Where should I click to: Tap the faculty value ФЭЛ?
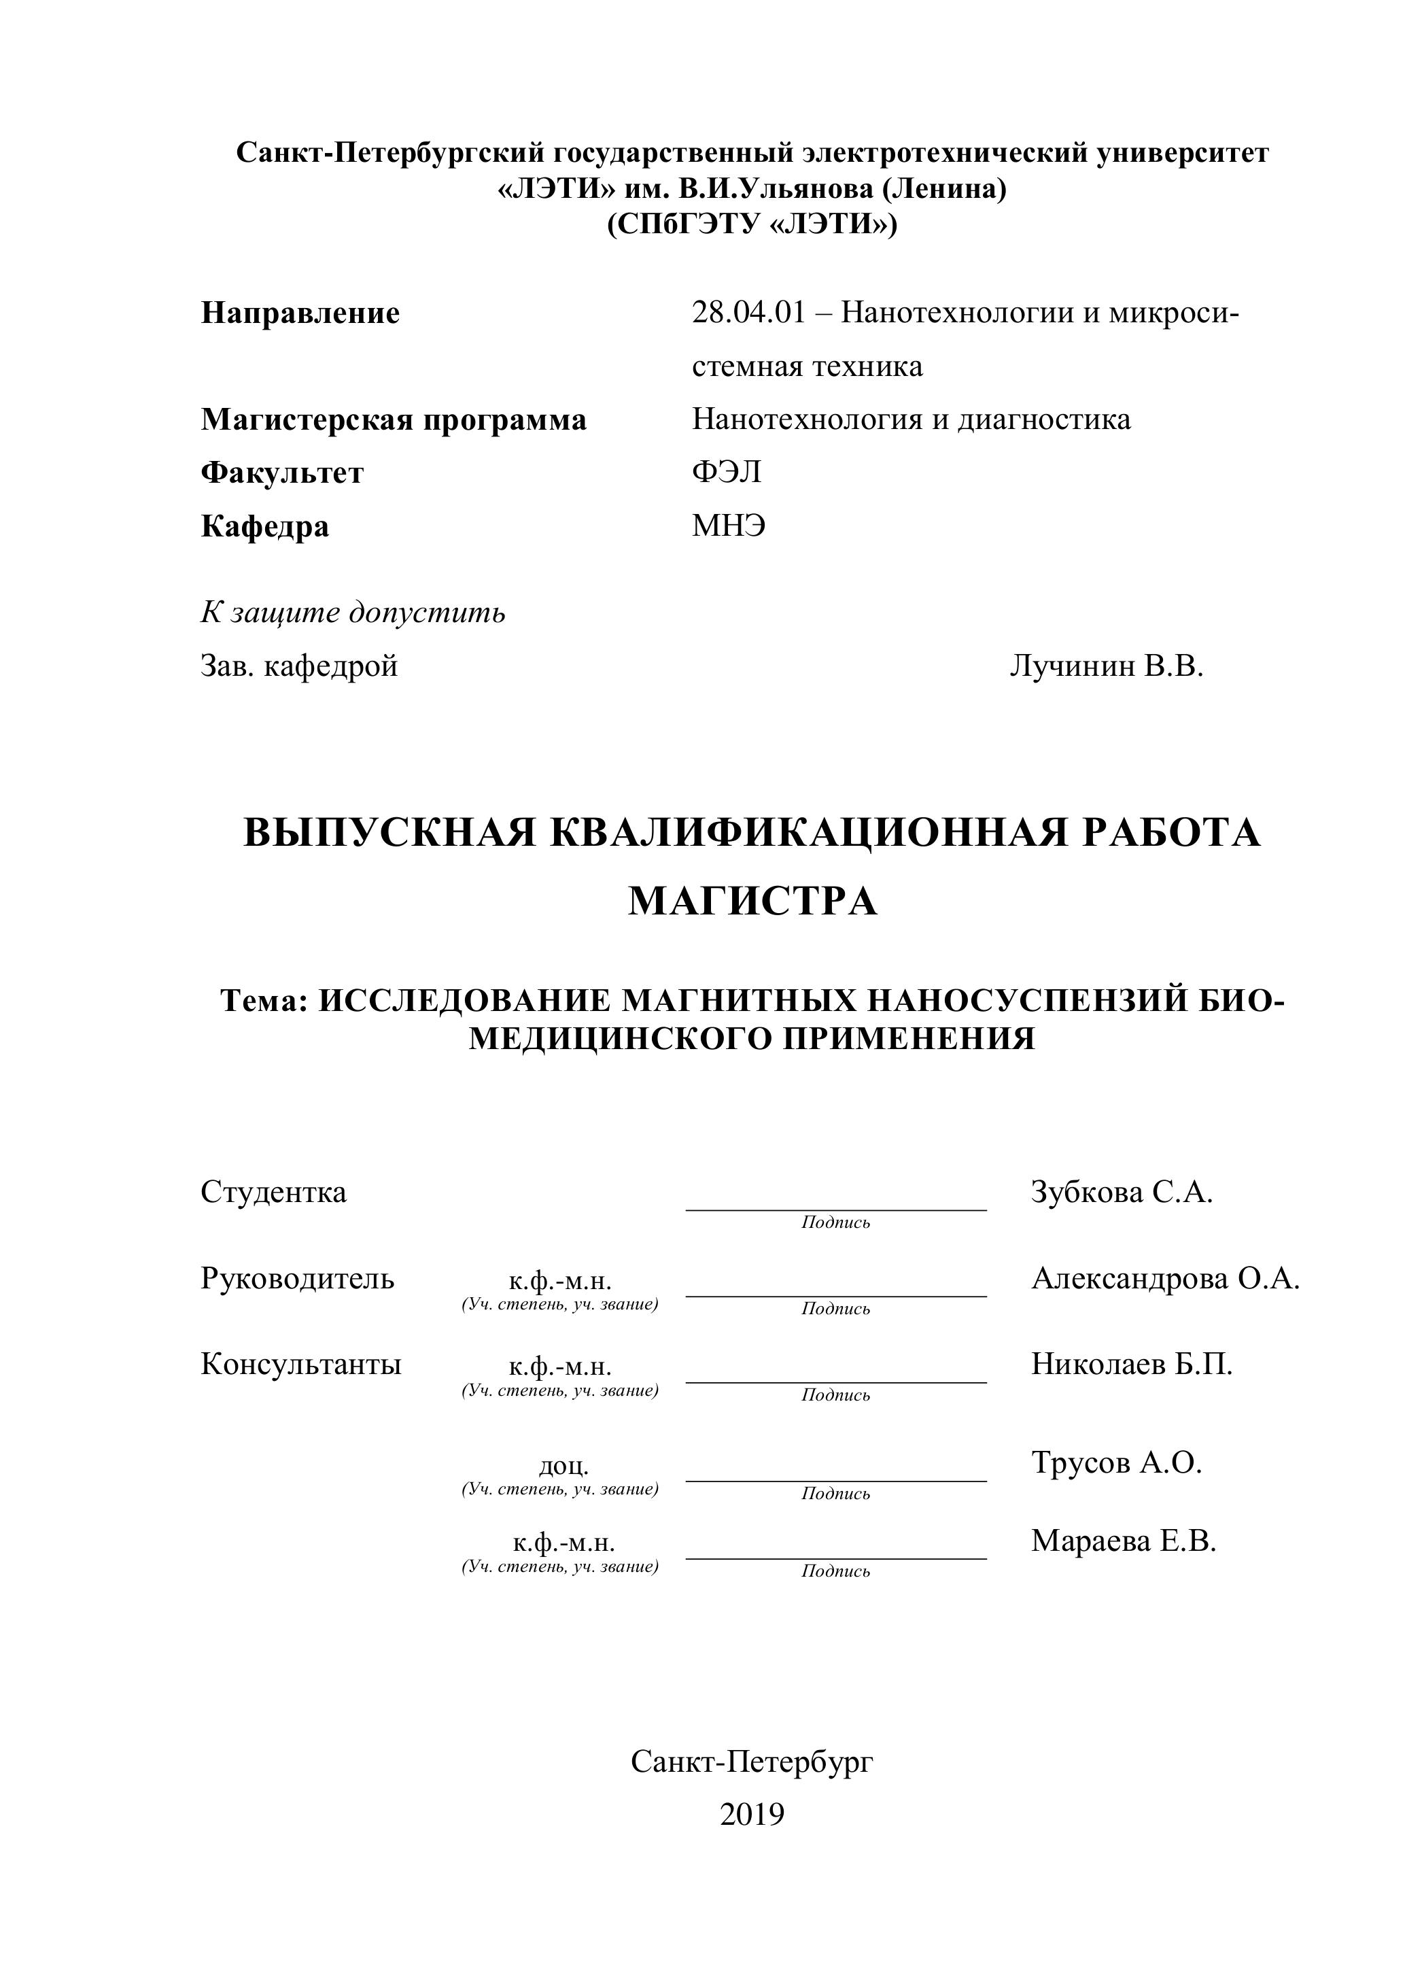[x=727, y=473]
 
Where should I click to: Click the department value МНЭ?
[x=729, y=526]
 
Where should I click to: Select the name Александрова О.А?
[x=1165, y=1278]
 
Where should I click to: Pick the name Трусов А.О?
[x=1117, y=1462]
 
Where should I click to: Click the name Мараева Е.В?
[x=1124, y=1541]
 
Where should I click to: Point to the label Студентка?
[x=273, y=1193]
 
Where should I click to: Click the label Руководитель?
[x=298, y=1278]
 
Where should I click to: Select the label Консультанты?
[x=301, y=1364]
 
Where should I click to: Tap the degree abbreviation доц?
[x=563, y=1465]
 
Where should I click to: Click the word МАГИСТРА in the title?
[x=752, y=902]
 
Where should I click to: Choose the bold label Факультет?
[x=282, y=473]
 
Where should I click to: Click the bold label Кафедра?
[x=265, y=526]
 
